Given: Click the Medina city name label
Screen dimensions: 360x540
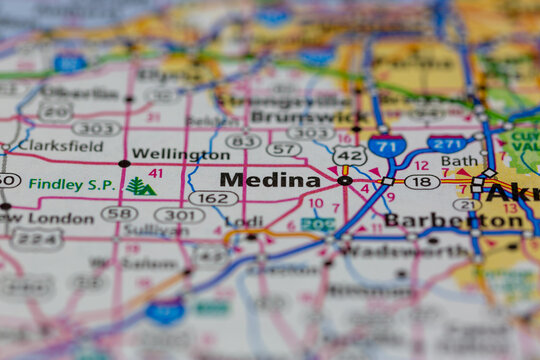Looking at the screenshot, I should click(270, 180).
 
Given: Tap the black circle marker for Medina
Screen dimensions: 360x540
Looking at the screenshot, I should click(345, 181).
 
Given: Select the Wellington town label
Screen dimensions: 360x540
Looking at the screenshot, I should click(180, 155).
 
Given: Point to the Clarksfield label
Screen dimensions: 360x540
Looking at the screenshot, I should click(60, 145).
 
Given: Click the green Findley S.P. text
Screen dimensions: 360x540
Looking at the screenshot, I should click(72, 185).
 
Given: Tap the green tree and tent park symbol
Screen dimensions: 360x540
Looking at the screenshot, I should click(140, 186).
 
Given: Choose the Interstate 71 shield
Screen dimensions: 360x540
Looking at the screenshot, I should click(386, 146).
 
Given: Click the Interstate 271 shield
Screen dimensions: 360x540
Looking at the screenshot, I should click(446, 144).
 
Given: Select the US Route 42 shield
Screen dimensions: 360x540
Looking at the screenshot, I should click(349, 155).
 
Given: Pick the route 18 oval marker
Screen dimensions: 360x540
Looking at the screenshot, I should click(422, 182).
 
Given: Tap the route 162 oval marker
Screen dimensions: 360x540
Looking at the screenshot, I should click(213, 198).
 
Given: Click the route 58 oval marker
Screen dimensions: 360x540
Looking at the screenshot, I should click(119, 214).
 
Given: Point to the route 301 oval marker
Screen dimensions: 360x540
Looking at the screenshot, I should click(180, 215).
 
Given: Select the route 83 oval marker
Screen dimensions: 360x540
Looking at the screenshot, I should click(243, 141).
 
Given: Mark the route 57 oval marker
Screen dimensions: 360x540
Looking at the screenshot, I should click(284, 149).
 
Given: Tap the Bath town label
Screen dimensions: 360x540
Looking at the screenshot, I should click(459, 160).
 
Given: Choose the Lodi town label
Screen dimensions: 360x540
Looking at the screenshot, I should click(245, 220).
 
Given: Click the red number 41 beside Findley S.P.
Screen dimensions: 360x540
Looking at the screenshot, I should click(155, 173).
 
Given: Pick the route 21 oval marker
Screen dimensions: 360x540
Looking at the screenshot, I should click(466, 204).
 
